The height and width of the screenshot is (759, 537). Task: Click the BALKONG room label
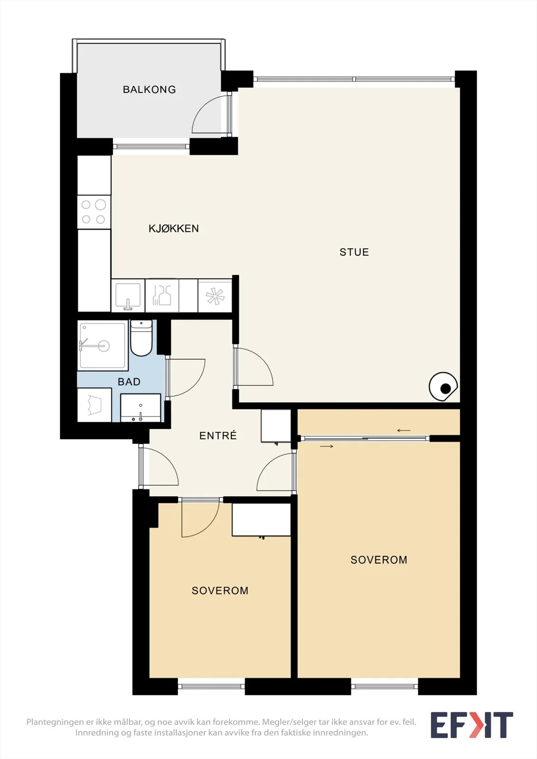(149, 90)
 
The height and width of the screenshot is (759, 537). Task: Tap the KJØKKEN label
(174, 228)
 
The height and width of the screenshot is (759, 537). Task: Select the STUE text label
(354, 252)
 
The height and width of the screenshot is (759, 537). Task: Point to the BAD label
(129, 382)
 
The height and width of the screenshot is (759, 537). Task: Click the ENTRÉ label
(218, 435)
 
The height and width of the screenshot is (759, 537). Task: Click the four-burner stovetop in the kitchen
(94, 212)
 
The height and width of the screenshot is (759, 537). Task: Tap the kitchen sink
(128, 296)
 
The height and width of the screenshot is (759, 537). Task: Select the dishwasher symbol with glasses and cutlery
(162, 296)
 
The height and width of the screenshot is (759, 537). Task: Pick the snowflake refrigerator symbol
(215, 296)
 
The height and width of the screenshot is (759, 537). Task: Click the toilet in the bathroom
(141, 338)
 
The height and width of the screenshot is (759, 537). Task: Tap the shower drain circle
(104, 346)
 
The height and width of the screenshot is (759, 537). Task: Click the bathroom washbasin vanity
(141, 407)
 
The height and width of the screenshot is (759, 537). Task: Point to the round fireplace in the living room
(443, 387)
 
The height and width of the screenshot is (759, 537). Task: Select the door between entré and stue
(254, 367)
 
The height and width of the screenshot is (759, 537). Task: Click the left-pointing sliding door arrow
(404, 431)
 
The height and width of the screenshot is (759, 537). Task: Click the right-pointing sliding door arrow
(326, 446)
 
